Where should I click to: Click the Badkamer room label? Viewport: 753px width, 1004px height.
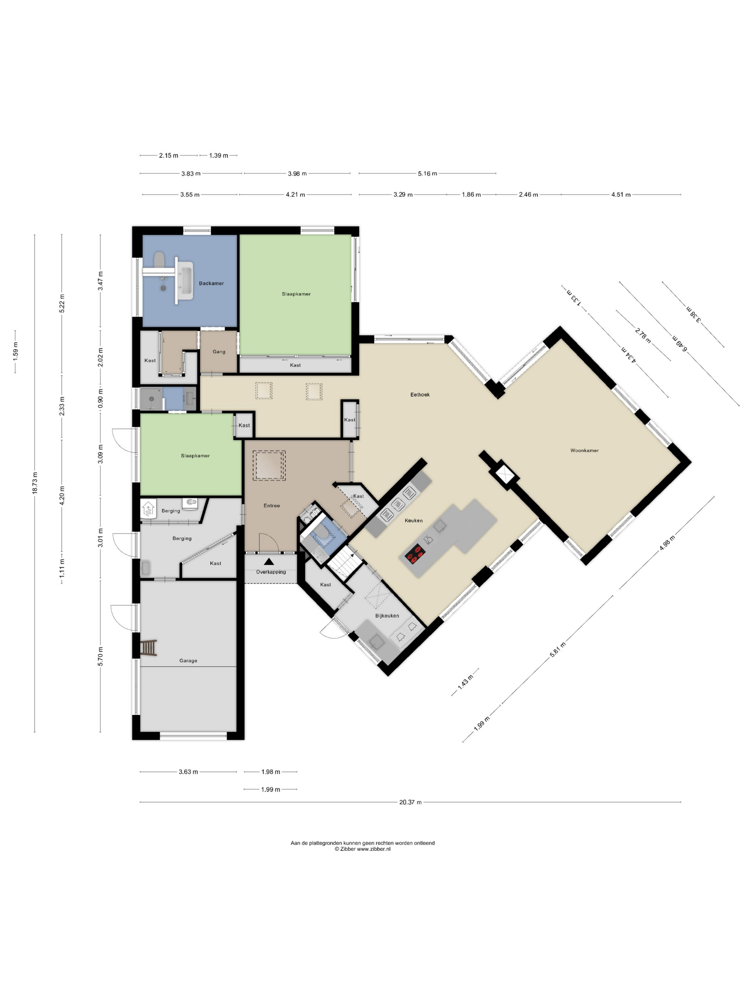pyautogui.click(x=211, y=283)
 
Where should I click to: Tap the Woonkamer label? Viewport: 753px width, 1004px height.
pyautogui.click(x=584, y=450)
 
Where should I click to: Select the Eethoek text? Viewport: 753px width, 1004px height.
pyautogui.click(x=420, y=394)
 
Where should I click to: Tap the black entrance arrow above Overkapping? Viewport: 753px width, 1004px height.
pyautogui.click(x=269, y=562)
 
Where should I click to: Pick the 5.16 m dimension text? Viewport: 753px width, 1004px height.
pyautogui.click(x=427, y=174)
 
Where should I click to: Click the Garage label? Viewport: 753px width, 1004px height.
pyautogui.click(x=188, y=660)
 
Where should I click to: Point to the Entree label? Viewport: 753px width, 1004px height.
pyautogui.click(x=271, y=505)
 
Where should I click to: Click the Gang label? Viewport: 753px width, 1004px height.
pyautogui.click(x=219, y=351)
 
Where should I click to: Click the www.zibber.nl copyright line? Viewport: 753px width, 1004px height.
pyautogui.click(x=362, y=849)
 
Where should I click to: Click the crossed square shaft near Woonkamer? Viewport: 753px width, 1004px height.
pyautogui.click(x=504, y=475)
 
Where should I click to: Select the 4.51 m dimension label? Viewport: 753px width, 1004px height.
pyautogui.click(x=620, y=195)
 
